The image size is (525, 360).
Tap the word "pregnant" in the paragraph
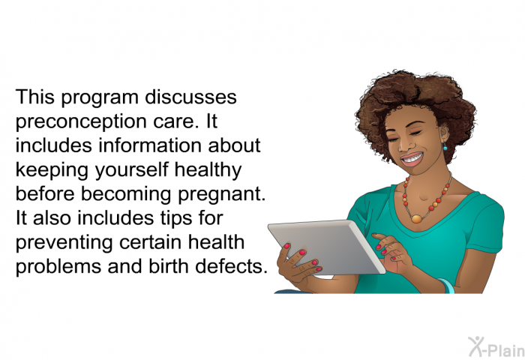pyautogui.click(x=222, y=195)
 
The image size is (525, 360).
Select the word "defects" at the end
pyautogui.click(x=231, y=266)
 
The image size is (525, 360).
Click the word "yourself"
pyautogui.click(x=131, y=170)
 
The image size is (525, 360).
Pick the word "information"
pyautogui.click(x=150, y=145)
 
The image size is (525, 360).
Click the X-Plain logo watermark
pyautogui.click(x=496, y=347)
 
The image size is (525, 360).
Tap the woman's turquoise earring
pyautogui.click(x=445, y=146)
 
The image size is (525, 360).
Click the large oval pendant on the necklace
pyautogui.click(x=416, y=219)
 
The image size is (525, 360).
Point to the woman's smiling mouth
pyautogui.click(x=412, y=160)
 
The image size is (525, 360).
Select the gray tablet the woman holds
pyautogui.click(x=326, y=247)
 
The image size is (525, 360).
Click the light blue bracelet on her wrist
pyautogui.click(x=447, y=286)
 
